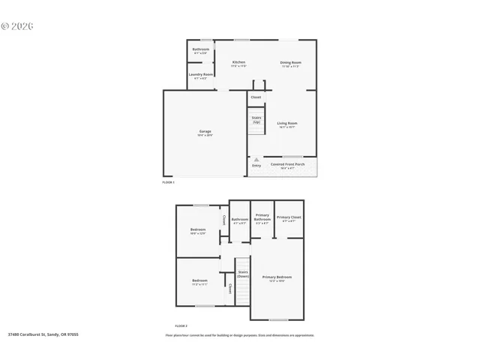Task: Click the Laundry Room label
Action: (x=200, y=76)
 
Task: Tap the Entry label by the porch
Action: (x=256, y=165)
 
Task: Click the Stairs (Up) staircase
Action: (x=256, y=119)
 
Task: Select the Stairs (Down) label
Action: (x=243, y=274)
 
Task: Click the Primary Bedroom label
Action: (x=277, y=278)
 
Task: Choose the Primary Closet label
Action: (x=289, y=218)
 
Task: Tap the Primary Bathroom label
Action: (x=262, y=218)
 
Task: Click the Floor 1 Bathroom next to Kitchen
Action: (x=201, y=50)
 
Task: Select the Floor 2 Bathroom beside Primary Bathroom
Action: (x=240, y=220)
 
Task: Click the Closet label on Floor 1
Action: (x=256, y=97)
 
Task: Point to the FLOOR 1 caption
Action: (x=169, y=182)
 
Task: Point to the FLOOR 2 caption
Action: (x=181, y=325)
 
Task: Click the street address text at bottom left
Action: (x=43, y=335)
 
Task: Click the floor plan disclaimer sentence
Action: (x=240, y=335)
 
